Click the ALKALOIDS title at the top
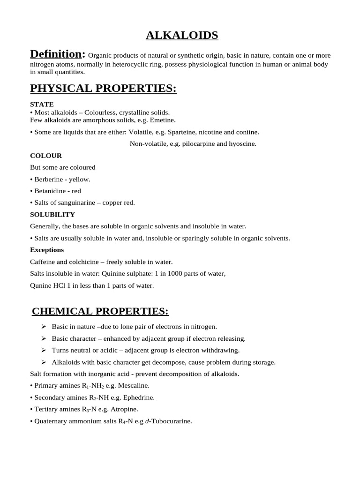click(x=182, y=35)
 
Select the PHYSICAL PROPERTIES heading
click(x=103, y=88)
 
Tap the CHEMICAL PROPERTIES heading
click(x=100, y=311)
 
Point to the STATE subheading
click(x=42, y=104)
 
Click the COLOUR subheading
click(x=46, y=156)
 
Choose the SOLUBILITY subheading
click(x=52, y=215)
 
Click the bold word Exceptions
click(x=47, y=250)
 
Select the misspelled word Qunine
click(x=41, y=285)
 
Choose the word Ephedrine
click(x=139, y=397)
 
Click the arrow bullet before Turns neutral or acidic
click(x=44, y=350)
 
